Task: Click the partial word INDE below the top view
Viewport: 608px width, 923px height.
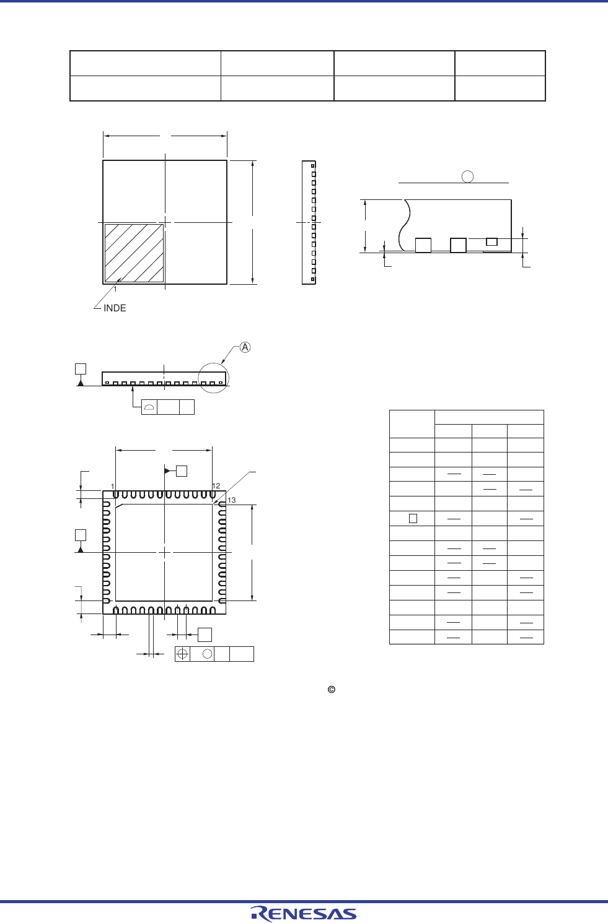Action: coord(115,308)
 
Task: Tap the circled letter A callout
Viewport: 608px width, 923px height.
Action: coord(245,347)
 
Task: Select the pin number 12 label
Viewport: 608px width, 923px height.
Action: coord(216,486)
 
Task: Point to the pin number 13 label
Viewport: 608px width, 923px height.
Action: coord(231,500)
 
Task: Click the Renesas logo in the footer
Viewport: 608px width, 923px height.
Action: coord(304,914)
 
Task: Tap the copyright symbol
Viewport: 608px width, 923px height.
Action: coord(332,690)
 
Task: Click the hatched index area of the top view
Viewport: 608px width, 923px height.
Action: coord(134,253)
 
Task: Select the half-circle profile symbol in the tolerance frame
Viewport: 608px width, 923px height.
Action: coord(149,407)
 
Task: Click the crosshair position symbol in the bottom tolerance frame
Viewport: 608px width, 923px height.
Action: coord(182,654)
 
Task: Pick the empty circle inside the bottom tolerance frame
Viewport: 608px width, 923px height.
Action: coord(208,654)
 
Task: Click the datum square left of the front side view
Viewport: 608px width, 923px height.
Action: coord(81,369)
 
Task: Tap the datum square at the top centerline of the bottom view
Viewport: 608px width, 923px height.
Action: coord(182,471)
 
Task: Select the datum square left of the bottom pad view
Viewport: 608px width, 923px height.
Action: coord(81,535)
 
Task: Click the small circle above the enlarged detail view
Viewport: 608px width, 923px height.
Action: coord(468,176)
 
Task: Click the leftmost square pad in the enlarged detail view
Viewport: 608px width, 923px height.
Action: coord(423,245)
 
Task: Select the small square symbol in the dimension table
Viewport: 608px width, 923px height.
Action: coord(413,519)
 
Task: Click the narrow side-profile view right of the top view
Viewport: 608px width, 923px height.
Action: coord(309,222)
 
